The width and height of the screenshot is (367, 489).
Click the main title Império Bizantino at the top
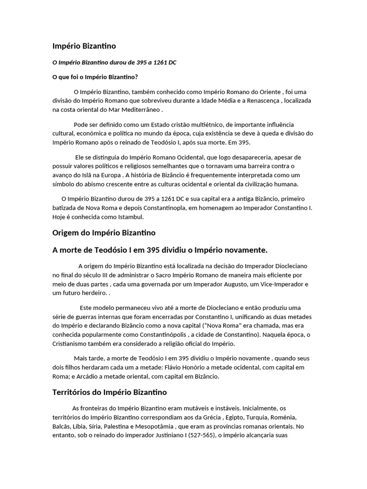[84, 46]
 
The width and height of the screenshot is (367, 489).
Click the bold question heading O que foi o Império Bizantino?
[95, 77]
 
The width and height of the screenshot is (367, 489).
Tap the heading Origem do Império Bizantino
[104, 233]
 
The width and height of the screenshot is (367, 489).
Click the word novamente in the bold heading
[243, 250]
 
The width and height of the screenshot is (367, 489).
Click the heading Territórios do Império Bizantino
[109, 393]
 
